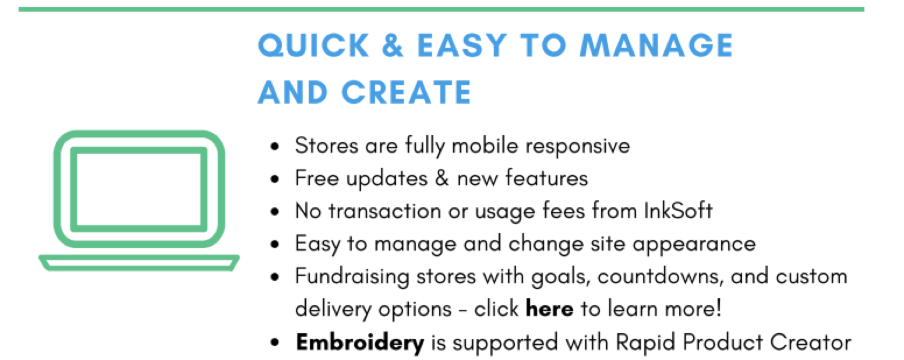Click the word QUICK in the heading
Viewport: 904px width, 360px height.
(x=313, y=45)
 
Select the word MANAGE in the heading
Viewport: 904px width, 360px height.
(x=656, y=45)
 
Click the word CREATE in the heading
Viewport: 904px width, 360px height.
(x=407, y=93)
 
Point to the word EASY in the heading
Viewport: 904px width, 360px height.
(x=462, y=45)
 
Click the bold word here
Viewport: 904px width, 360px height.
(x=549, y=309)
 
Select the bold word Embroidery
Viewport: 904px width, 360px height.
(x=360, y=343)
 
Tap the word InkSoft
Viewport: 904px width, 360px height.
(x=678, y=210)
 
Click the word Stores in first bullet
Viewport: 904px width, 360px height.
(x=327, y=145)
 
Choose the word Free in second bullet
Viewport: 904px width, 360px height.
(x=317, y=178)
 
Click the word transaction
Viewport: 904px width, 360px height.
(x=384, y=211)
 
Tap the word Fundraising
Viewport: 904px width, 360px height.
(x=352, y=277)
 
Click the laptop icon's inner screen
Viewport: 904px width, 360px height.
(x=139, y=189)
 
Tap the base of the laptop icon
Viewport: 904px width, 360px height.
(x=139, y=263)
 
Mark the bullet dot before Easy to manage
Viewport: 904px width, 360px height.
(x=276, y=244)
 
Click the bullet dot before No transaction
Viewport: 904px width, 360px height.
(x=276, y=211)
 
